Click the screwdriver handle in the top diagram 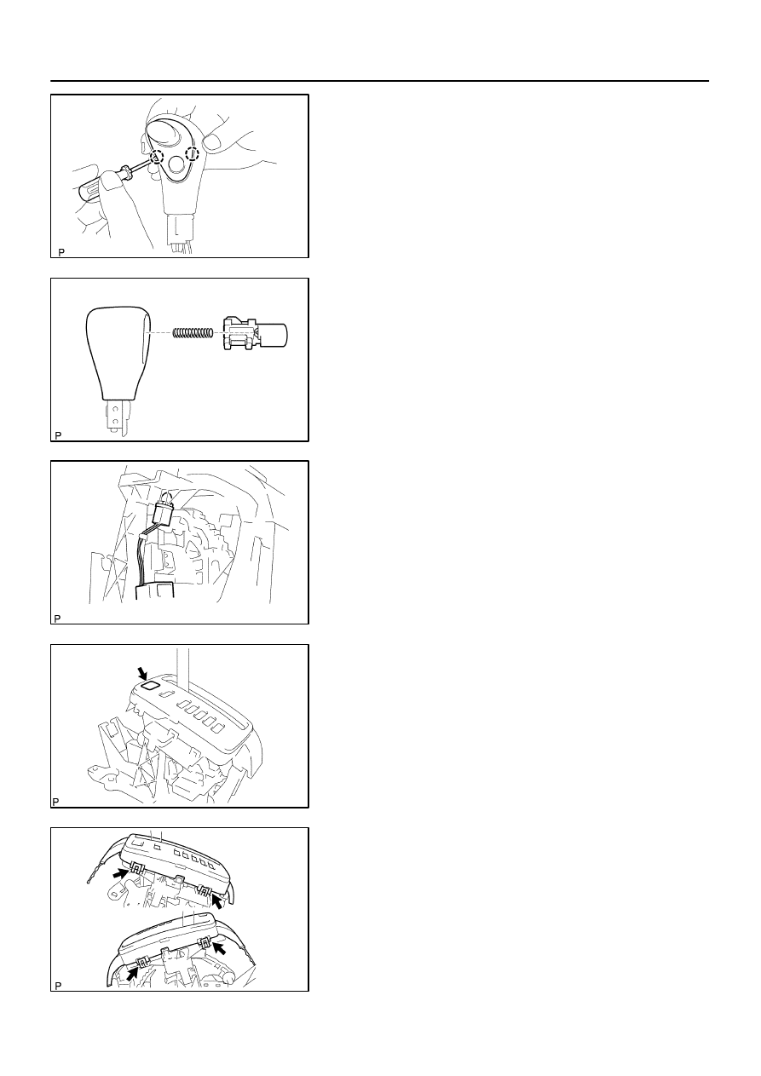tap(99, 186)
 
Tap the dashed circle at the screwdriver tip tap(157, 157)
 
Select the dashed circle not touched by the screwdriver tap(193, 153)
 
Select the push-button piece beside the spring tap(255, 332)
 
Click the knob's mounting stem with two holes tap(116, 417)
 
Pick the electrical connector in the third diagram tap(164, 514)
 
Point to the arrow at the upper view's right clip tap(217, 901)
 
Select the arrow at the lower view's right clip tap(220, 947)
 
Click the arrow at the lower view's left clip tap(131, 972)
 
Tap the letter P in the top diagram tap(61, 252)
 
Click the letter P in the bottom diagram tap(58, 986)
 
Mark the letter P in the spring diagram tap(58, 435)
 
